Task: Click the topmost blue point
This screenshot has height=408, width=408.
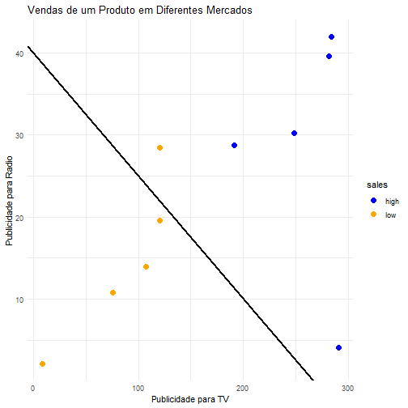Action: coord(332,37)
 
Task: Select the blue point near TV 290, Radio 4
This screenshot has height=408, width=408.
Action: coord(339,348)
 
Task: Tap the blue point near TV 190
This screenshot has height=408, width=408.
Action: coord(235,146)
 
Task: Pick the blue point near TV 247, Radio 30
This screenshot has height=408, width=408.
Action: coord(295,134)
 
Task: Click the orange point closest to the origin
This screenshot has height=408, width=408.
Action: coord(42,364)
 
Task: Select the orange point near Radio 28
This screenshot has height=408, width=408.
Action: coord(159,148)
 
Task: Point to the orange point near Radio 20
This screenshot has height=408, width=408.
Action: coord(159,221)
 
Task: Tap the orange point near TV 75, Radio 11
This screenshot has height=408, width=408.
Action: coord(113,293)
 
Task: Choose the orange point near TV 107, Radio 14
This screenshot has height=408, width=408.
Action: coord(146,267)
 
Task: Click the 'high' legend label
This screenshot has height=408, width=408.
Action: coord(392,202)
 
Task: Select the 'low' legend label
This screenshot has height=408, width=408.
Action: coord(390,215)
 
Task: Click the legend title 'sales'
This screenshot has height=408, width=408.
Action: coord(377,185)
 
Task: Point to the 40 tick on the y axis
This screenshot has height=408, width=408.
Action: coord(19,53)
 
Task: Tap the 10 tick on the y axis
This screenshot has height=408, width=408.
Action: coord(19,300)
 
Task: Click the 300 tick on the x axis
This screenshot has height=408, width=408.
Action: coord(347,389)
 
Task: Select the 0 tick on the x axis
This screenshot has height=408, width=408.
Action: coord(33,389)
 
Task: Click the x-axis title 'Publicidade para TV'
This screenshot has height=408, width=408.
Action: coord(190,399)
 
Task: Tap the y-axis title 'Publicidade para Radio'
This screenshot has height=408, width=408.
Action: coord(9,201)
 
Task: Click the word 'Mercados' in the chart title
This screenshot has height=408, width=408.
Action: coord(229,11)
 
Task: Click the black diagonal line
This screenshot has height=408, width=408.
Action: coord(171,213)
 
